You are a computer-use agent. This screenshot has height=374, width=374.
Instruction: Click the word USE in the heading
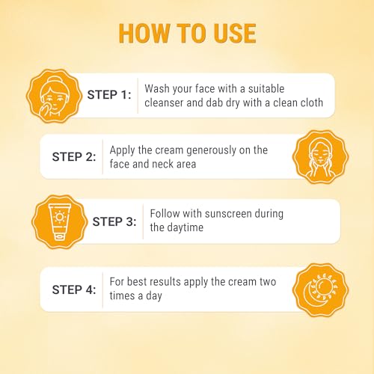click(x=235, y=34)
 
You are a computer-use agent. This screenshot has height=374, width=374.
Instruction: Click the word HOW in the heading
click(x=144, y=34)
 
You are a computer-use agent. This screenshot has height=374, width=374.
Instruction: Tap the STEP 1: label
click(x=109, y=95)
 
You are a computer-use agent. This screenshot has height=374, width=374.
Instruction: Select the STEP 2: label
click(x=74, y=157)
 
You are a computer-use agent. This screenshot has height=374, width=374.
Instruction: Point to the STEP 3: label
click(x=114, y=221)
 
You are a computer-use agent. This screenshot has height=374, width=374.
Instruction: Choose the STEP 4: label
click(x=74, y=289)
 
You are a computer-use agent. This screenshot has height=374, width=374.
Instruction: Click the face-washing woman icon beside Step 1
click(x=54, y=96)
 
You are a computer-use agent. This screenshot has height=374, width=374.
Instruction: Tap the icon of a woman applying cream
click(x=320, y=157)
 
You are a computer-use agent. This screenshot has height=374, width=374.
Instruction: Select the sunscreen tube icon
click(x=60, y=221)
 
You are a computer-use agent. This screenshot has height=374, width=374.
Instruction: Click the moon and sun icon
click(x=320, y=290)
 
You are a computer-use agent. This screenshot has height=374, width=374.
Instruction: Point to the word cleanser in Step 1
click(x=164, y=102)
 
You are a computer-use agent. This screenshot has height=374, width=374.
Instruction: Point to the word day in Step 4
click(x=154, y=296)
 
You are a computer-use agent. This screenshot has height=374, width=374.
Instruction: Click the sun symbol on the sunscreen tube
click(x=60, y=217)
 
